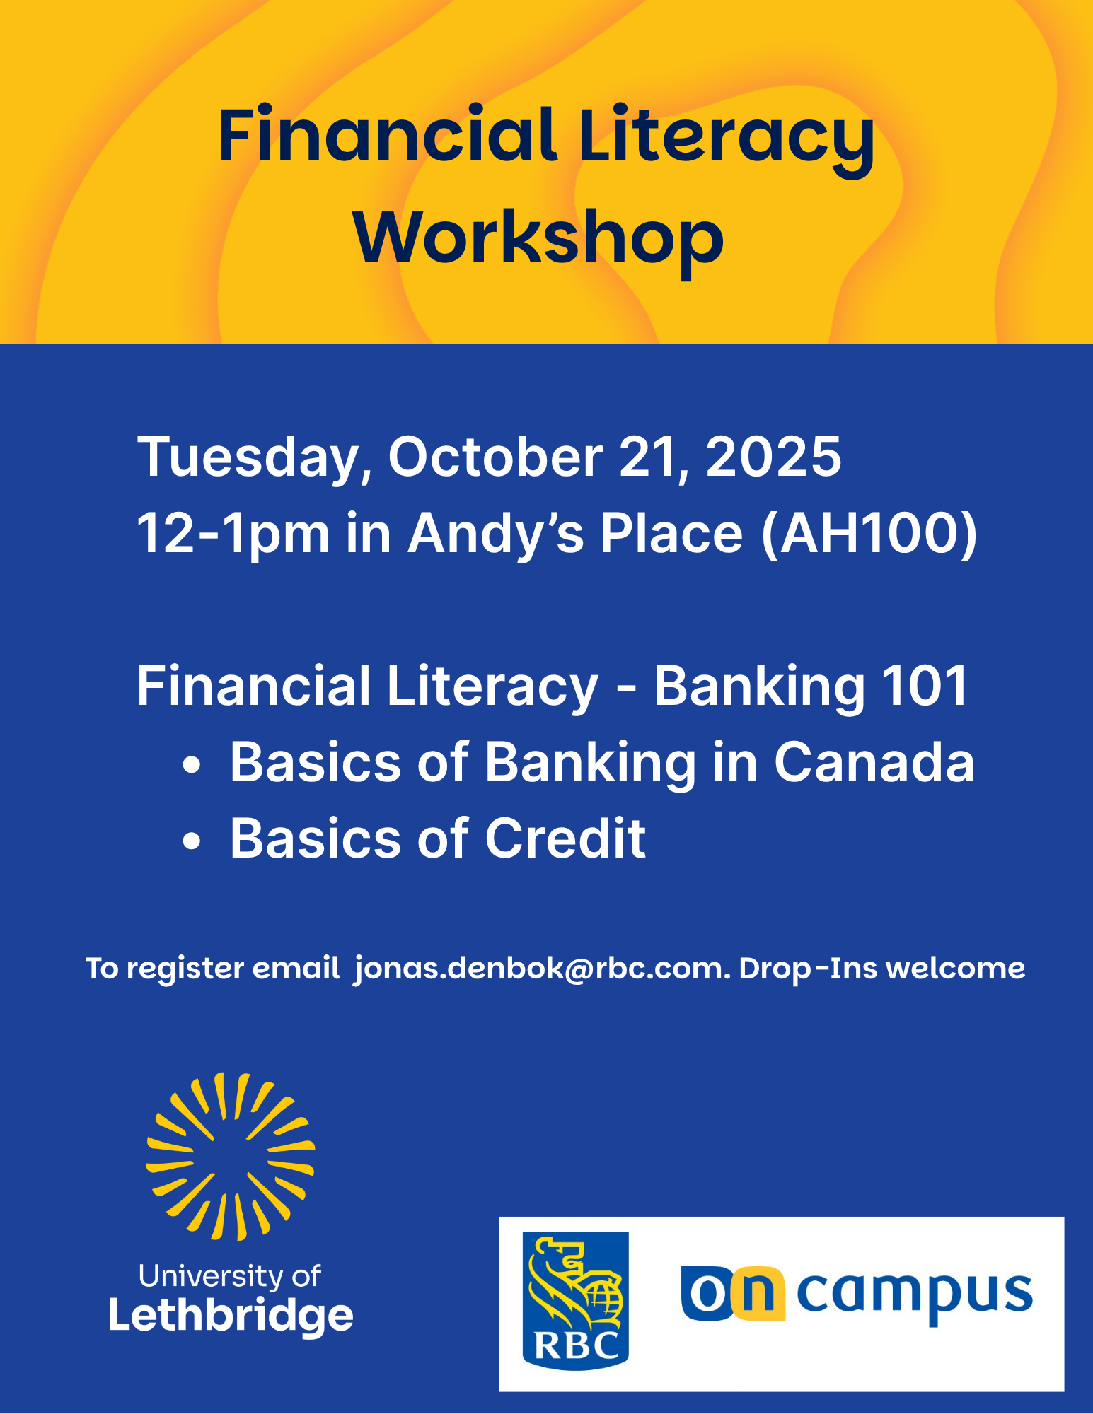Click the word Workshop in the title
coord(539,238)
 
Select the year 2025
coord(773,457)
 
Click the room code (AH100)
coord(869,534)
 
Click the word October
coord(495,457)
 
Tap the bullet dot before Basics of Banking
coord(192,765)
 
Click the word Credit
coord(565,839)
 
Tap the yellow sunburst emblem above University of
coord(231,1157)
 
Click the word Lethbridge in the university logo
coord(231,1316)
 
